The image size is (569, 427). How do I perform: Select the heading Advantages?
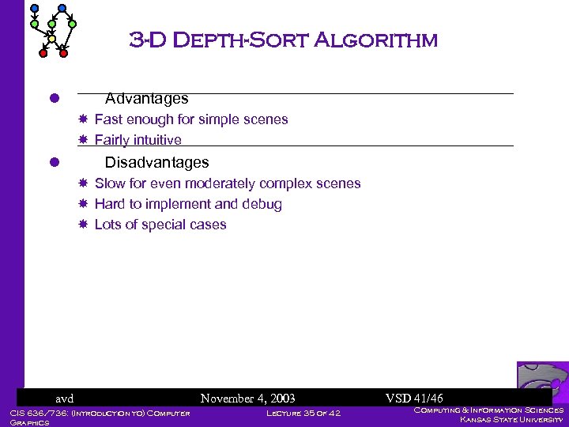147,99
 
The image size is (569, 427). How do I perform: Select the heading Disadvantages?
157,162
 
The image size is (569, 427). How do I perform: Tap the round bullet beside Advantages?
55,99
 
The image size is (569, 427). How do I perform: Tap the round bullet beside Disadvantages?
55,162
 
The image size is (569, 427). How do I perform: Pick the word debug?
262,204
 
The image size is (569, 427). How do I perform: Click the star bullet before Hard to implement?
82,204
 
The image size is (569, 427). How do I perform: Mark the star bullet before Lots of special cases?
82,225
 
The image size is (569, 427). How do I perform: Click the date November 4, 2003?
248,399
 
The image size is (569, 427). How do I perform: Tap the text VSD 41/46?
414,399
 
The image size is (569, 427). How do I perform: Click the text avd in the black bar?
64,399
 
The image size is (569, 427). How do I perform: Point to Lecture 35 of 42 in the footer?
303,413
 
